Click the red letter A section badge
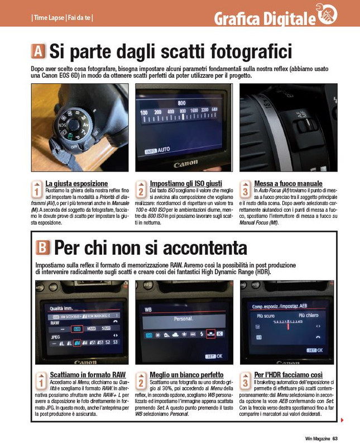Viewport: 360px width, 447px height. click(37, 53)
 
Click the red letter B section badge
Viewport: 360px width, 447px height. click(42, 246)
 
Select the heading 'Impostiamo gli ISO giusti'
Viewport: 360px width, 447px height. click(186, 183)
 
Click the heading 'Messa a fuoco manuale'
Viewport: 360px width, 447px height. click(288, 183)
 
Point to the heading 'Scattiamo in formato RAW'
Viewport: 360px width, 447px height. click(88, 374)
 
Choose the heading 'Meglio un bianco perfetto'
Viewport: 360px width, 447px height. click(186, 374)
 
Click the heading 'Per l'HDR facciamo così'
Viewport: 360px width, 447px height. click(288, 374)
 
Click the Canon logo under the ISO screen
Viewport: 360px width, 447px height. click(185, 164)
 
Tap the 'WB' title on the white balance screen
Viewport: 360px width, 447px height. click(148, 308)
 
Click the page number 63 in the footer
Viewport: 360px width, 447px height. click(335, 438)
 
